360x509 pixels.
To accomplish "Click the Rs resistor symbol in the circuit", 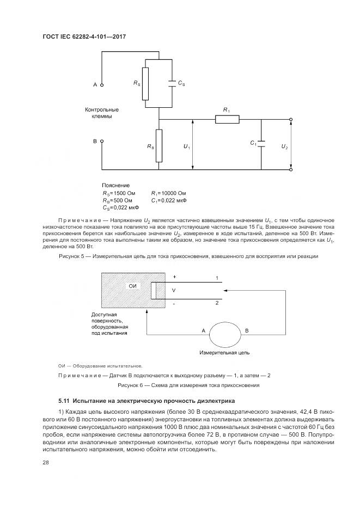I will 145,84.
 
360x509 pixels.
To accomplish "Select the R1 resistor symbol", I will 223,119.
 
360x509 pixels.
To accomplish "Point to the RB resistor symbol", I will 158,145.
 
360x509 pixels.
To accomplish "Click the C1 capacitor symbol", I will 261,144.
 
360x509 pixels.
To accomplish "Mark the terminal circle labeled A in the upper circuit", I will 101,85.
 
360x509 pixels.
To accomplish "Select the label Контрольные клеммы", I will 101,113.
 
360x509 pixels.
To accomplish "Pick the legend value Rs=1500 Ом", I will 117,193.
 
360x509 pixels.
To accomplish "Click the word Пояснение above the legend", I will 115,186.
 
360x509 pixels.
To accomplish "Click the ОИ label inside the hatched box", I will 132,286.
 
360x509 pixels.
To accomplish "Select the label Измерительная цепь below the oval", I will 224,353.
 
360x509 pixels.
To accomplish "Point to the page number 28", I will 45,462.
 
